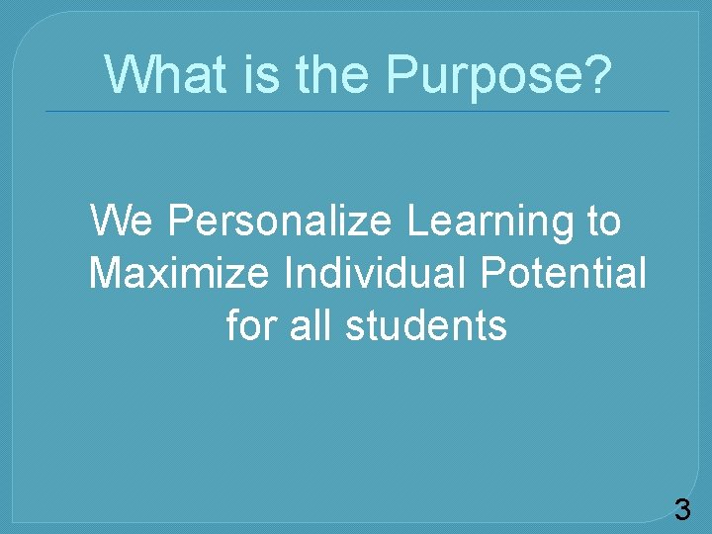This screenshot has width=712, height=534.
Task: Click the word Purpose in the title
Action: [x=484, y=74]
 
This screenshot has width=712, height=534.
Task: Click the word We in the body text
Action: [x=124, y=222]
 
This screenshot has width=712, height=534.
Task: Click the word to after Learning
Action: [x=602, y=222]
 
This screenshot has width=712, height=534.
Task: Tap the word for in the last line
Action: [x=252, y=324]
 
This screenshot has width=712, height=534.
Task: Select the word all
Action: [x=311, y=324]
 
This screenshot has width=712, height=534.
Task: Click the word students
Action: [x=426, y=324]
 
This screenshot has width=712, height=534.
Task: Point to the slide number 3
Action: [x=682, y=510]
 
